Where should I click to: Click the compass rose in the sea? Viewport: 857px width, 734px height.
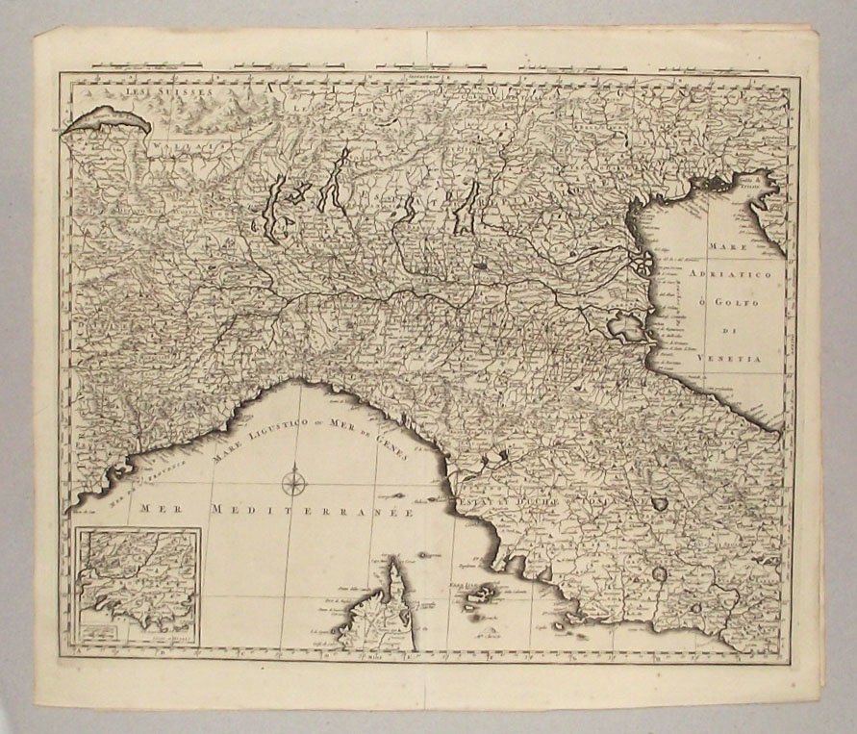pyautogui.click(x=294, y=477)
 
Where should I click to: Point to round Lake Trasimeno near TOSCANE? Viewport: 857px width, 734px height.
pyautogui.click(x=660, y=503)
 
